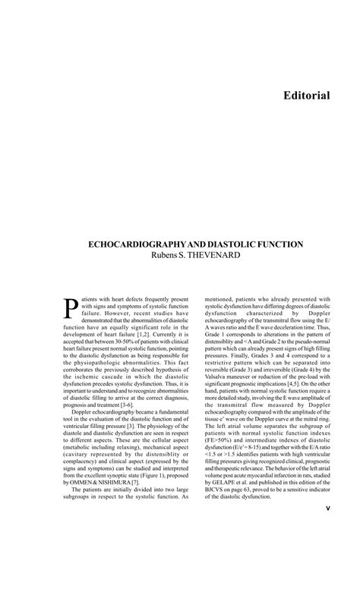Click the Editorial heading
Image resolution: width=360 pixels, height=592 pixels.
pos(306,96)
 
